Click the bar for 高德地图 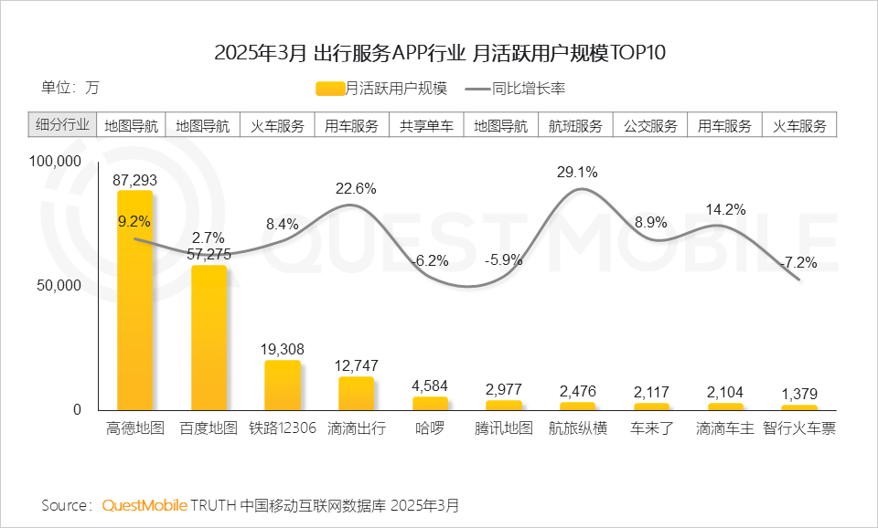tap(134, 301)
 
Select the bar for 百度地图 tap(209, 338)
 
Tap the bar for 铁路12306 tap(283, 385)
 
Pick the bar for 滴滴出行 tap(357, 394)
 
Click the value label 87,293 tap(134, 181)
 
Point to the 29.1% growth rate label tap(577, 172)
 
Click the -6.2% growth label tap(429, 260)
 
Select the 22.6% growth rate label tap(356, 188)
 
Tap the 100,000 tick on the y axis tap(57, 162)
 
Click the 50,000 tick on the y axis tap(60, 285)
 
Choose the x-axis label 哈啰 tap(429, 428)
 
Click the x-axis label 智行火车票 tap(799, 428)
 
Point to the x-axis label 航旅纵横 tap(577, 428)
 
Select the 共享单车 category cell tap(426, 126)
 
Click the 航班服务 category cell tap(575, 126)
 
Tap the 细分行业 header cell tap(62, 126)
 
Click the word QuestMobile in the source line tap(145, 505)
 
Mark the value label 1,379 tap(799, 395)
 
